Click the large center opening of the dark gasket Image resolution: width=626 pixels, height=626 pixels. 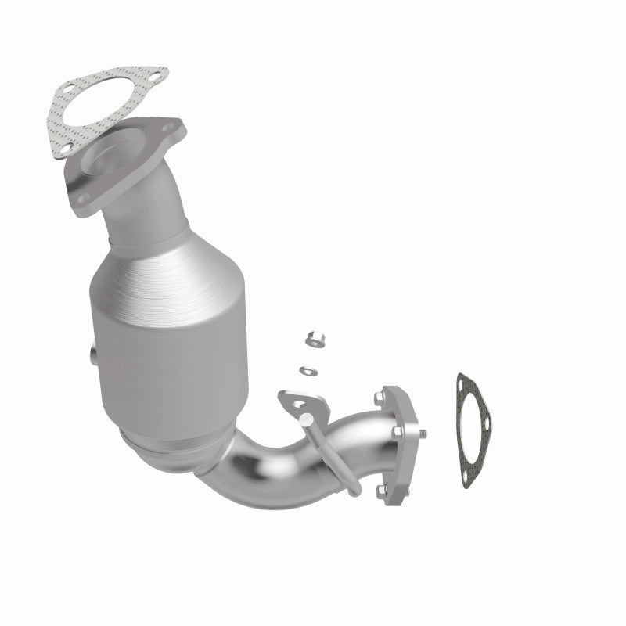pyautogui.click(x=473, y=430)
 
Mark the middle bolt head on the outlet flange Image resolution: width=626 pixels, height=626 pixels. pyautogui.click(x=397, y=432)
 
